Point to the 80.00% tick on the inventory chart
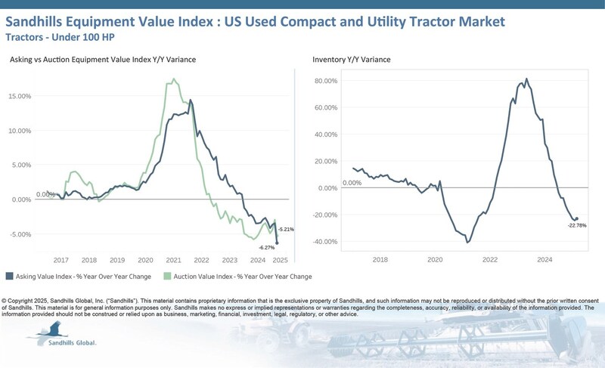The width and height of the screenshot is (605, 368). pyautogui.click(x=325, y=80)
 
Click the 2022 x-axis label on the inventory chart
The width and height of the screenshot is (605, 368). pyautogui.click(x=490, y=259)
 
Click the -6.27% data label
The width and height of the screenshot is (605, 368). pyautogui.click(x=266, y=248)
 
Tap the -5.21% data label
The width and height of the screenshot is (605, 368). pyautogui.click(x=286, y=229)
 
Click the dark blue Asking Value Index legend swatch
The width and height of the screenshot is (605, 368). pyautogui.click(x=9, y=277)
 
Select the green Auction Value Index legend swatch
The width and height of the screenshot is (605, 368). pyautogui.click(x=170, y=277)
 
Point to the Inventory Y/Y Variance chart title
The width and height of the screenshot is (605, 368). pyautogui.click(x=352, y=59)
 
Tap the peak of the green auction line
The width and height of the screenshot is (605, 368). pyautogui.click(x=174, y=79)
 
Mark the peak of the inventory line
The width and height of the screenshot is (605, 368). pyautogui.click(x=526, y=79)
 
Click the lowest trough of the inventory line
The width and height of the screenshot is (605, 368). pyautogui.click(x=468, y=243)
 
